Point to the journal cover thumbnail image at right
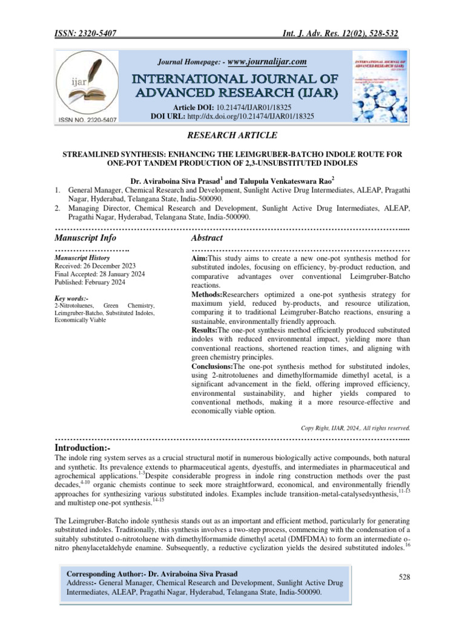pos(376,87)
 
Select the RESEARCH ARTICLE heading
pos(232,135)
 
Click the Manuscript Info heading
pos(85,238)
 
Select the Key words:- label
pos(71,298)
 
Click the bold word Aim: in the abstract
pos(199,258)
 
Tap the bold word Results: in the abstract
pos(204,331)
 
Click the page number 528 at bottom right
pos(404,578)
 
